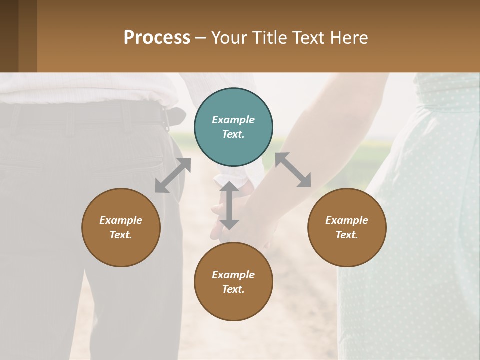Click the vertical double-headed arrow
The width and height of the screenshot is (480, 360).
pos(229,206)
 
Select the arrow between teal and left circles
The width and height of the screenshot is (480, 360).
pos(173,175)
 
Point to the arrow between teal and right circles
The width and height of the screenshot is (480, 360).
pos(293,170)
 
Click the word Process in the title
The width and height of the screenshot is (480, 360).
pos(157,38)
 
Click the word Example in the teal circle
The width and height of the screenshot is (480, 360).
pos(233,120)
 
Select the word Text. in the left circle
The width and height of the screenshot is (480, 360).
pos(121,235)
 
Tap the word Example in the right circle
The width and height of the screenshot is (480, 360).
pos(347,220)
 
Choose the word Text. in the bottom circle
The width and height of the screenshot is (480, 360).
pos(233,289)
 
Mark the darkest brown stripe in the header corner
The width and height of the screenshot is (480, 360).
pos(9,36)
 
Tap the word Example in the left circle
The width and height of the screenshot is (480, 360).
pos(121,220)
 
